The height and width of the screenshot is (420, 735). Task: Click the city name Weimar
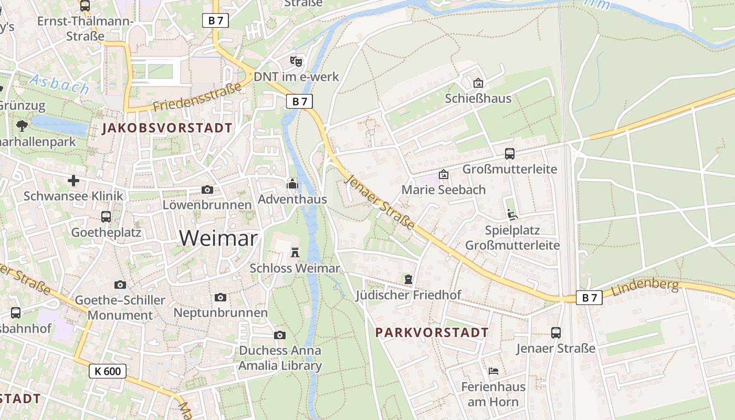218,238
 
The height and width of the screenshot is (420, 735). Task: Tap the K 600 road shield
108,371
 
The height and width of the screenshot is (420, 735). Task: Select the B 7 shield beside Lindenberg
589,298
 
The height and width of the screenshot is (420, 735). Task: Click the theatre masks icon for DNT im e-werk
296,61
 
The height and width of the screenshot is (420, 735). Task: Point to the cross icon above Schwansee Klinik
73,181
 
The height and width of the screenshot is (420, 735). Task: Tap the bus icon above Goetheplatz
106,216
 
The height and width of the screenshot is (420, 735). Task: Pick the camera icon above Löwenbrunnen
207,190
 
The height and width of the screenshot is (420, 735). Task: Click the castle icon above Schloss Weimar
295,253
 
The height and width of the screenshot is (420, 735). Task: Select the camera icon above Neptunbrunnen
220,298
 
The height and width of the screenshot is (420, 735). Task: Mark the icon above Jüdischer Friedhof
408,279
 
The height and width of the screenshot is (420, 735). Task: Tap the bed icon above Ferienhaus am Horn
493,371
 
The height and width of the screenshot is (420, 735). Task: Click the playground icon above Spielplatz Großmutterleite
512,214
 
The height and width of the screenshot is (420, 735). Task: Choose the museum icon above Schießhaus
478,83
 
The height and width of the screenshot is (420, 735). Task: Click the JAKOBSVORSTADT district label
167,128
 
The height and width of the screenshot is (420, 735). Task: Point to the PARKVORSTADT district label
432,332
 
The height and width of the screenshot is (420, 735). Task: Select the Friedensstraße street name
198,96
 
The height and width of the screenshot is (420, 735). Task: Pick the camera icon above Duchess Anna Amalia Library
280,335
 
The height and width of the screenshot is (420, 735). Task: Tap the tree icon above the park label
22,126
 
